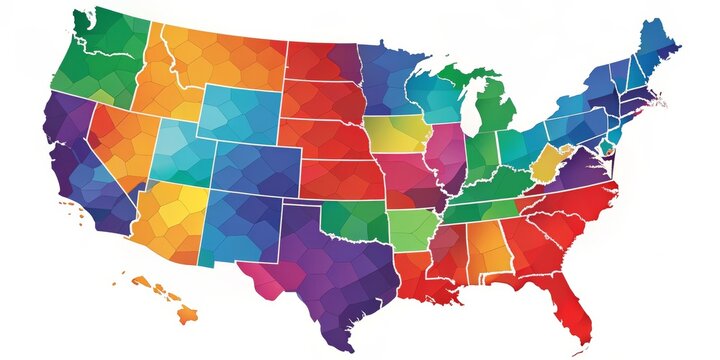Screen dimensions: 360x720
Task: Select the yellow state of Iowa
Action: coord(396,134)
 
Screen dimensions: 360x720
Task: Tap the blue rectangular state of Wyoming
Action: coord(238,116)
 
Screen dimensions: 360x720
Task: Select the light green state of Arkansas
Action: coord(411,230)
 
